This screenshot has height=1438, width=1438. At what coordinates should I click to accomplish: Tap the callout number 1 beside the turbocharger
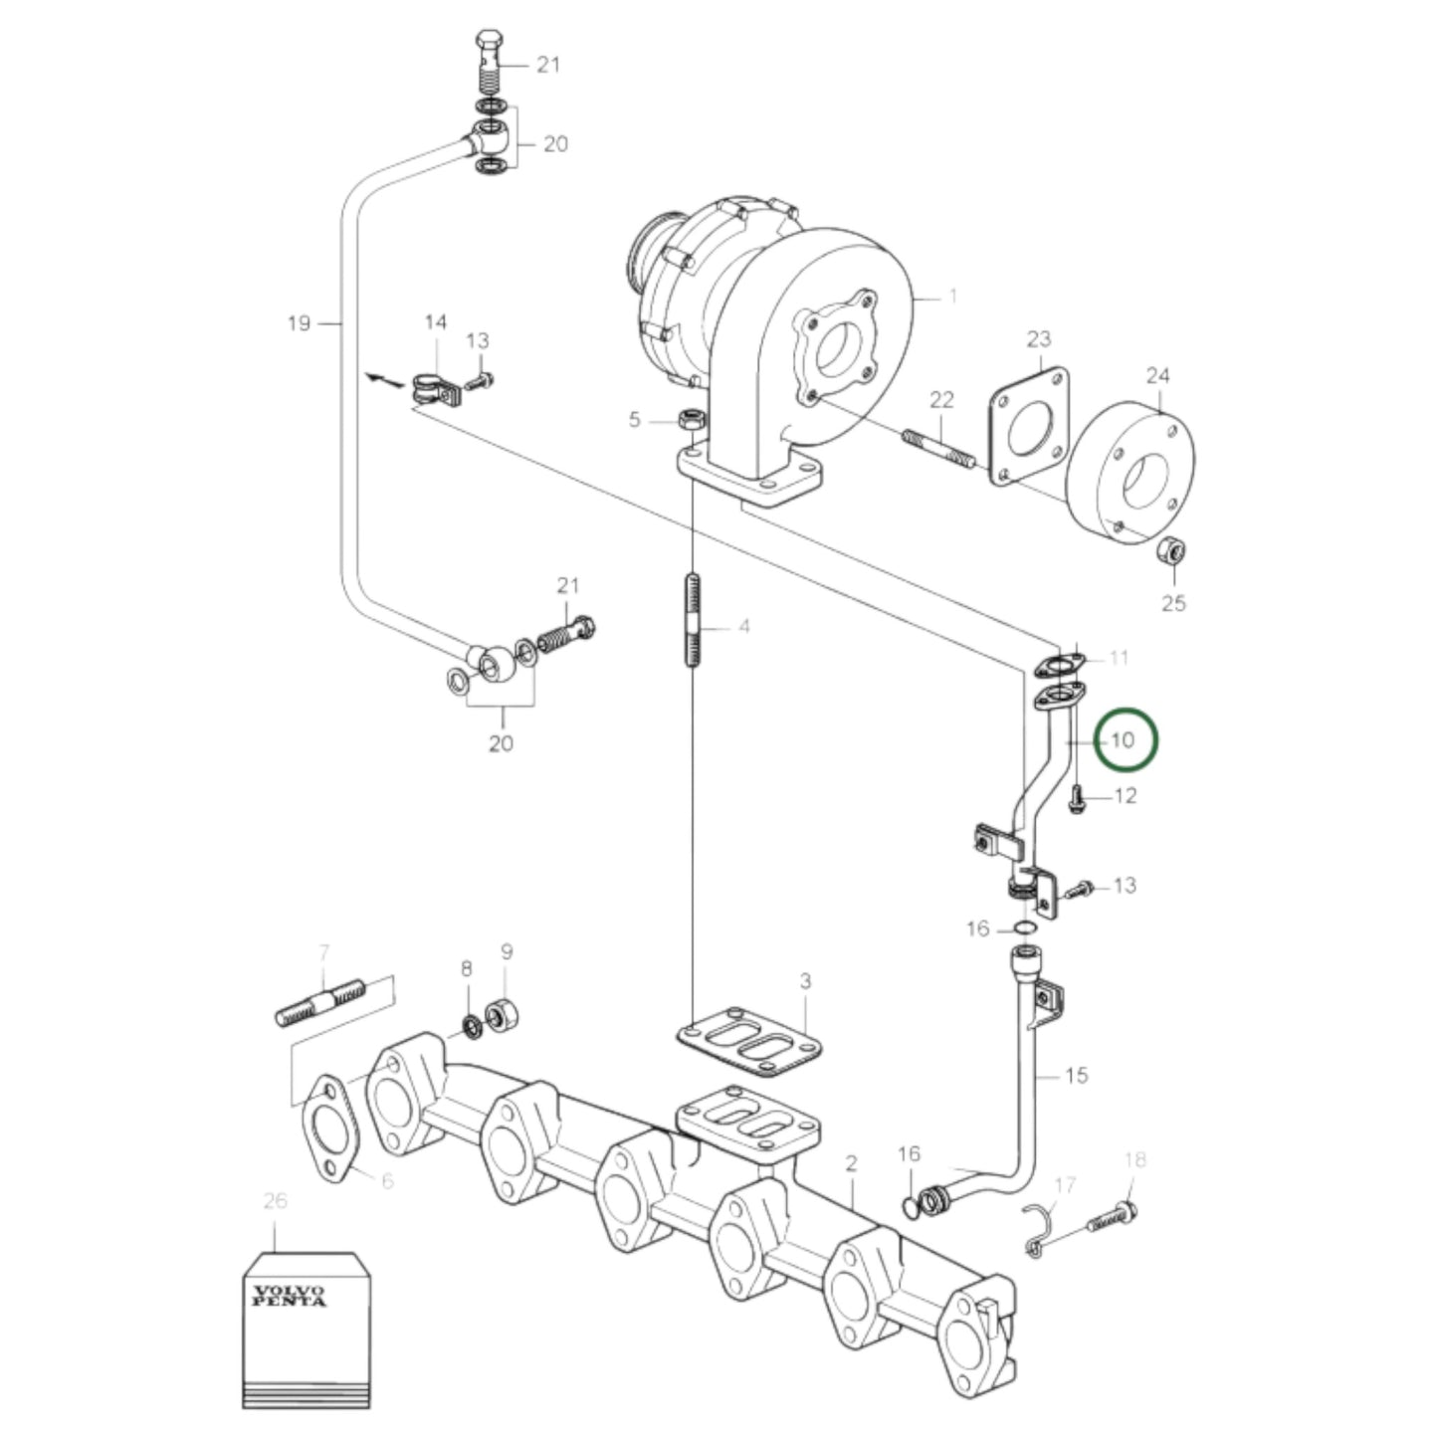(x=952, y=296)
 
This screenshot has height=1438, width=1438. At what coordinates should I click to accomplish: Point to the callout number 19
(x=299, y=323)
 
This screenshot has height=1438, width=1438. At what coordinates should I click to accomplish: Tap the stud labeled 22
(x=937, y=449)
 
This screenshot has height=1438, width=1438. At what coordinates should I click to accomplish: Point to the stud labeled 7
(x=317, y=1003)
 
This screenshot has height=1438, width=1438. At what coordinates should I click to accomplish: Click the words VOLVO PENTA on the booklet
(x=289, y=1297)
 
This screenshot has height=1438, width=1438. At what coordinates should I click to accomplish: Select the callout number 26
(x=275, y=1201)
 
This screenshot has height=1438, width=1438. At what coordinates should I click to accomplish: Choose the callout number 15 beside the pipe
(x=1076, y=1076)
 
